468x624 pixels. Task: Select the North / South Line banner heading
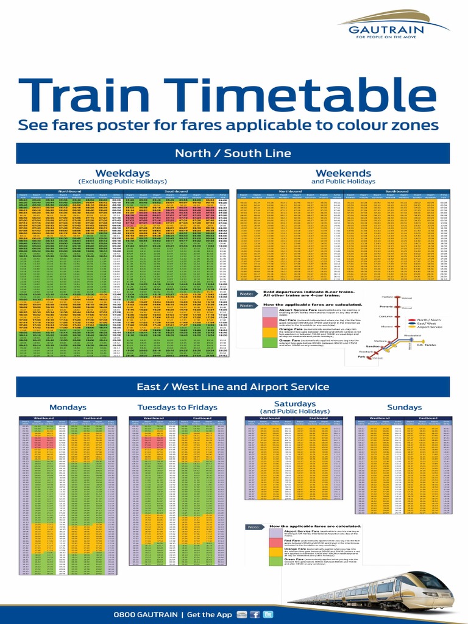pos(233,152)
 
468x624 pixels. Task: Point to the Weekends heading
pos(343,173)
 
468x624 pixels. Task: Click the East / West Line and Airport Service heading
pos(233,386)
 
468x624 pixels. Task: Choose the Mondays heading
pos(68,407)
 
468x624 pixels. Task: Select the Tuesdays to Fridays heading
pos(177,407)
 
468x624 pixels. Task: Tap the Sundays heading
pos(404,407)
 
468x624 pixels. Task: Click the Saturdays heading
pos(295,404)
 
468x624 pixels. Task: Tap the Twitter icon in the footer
pos(266,614)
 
